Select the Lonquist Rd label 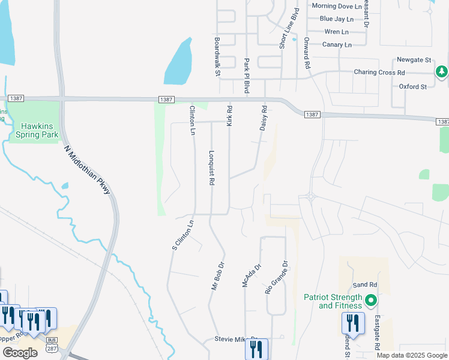[x=211, y=167]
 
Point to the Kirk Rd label [x=229, y=115]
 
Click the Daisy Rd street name [x=263, y=118]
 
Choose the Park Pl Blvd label [x=246, y=76]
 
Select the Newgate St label [x=414, y=60]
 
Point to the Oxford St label [x=412, y=86]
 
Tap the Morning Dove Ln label [x=337, y=6]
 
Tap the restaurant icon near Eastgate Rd [x=353, y=324]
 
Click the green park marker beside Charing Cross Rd [x=442, y=72]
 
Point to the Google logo [x=19, y=353]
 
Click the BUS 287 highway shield [x=52, y=346]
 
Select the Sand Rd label [x=364, y=284]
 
